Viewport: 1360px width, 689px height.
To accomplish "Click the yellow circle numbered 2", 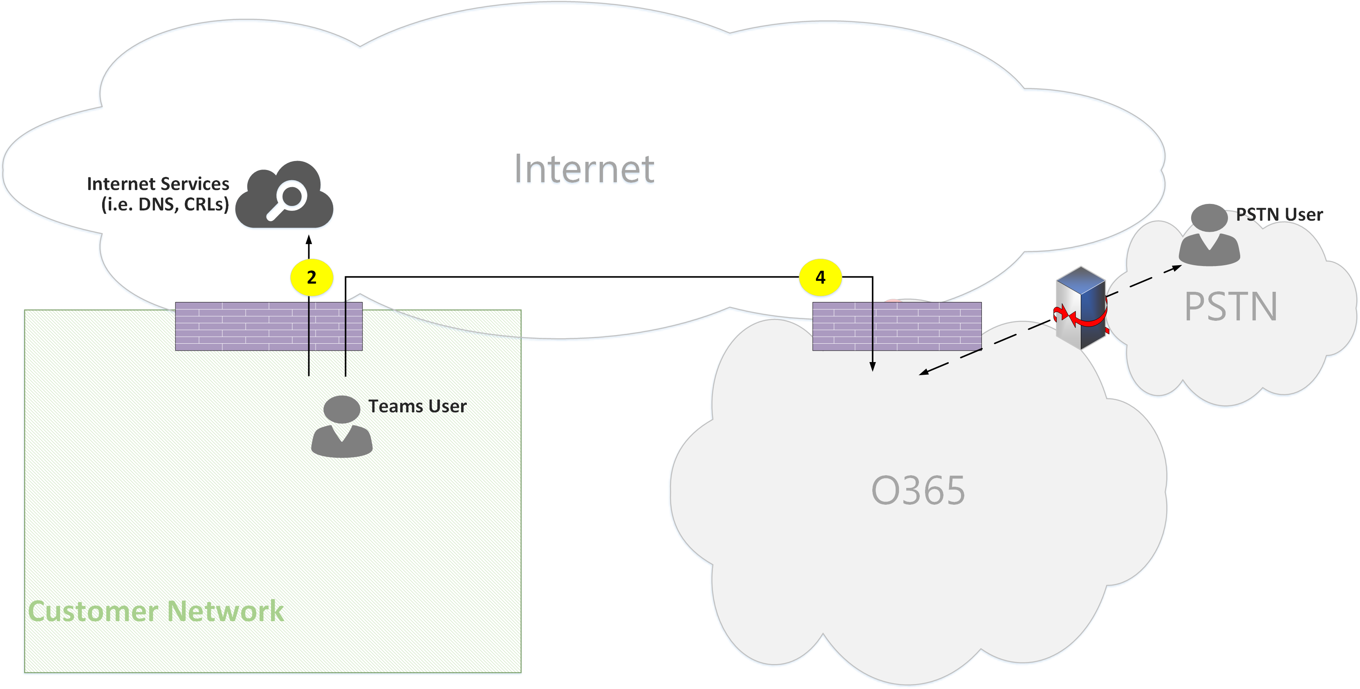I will pyautogui.click(x=311, y=277).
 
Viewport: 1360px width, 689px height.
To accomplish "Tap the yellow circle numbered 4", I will pyautogui.click(x=820, y=277).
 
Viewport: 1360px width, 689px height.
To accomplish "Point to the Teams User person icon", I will pyautogui.click(x=342, y=426).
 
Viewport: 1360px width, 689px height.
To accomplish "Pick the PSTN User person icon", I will pyautogui.click(x=1209, y=235).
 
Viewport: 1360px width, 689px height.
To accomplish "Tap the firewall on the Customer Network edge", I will pyautogui.click(x=269, y=326).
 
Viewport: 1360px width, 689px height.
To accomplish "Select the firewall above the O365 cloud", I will pyautogui.click(x=896, y=326).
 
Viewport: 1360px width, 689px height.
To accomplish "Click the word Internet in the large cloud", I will pyautogui.click(x=584, y=169).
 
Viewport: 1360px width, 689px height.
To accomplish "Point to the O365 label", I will pyautogui.click(x=918, y=490).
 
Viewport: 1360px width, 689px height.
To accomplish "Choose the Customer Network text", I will pyautogui.click(x=156, y=611).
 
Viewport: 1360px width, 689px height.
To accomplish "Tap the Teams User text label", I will pyautogui.click(x=417, y=406).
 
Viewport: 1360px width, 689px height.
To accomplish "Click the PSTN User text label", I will pyautogui.click(x=1279, y=215).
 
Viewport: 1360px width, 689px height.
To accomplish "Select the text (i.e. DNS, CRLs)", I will pyautogui.click(x=165, y=204).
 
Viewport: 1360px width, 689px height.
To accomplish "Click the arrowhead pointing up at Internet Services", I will pyautogui.click(x=309, y=240).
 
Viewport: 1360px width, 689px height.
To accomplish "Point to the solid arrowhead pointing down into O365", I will pyautogui.click(x=872, y=367).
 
